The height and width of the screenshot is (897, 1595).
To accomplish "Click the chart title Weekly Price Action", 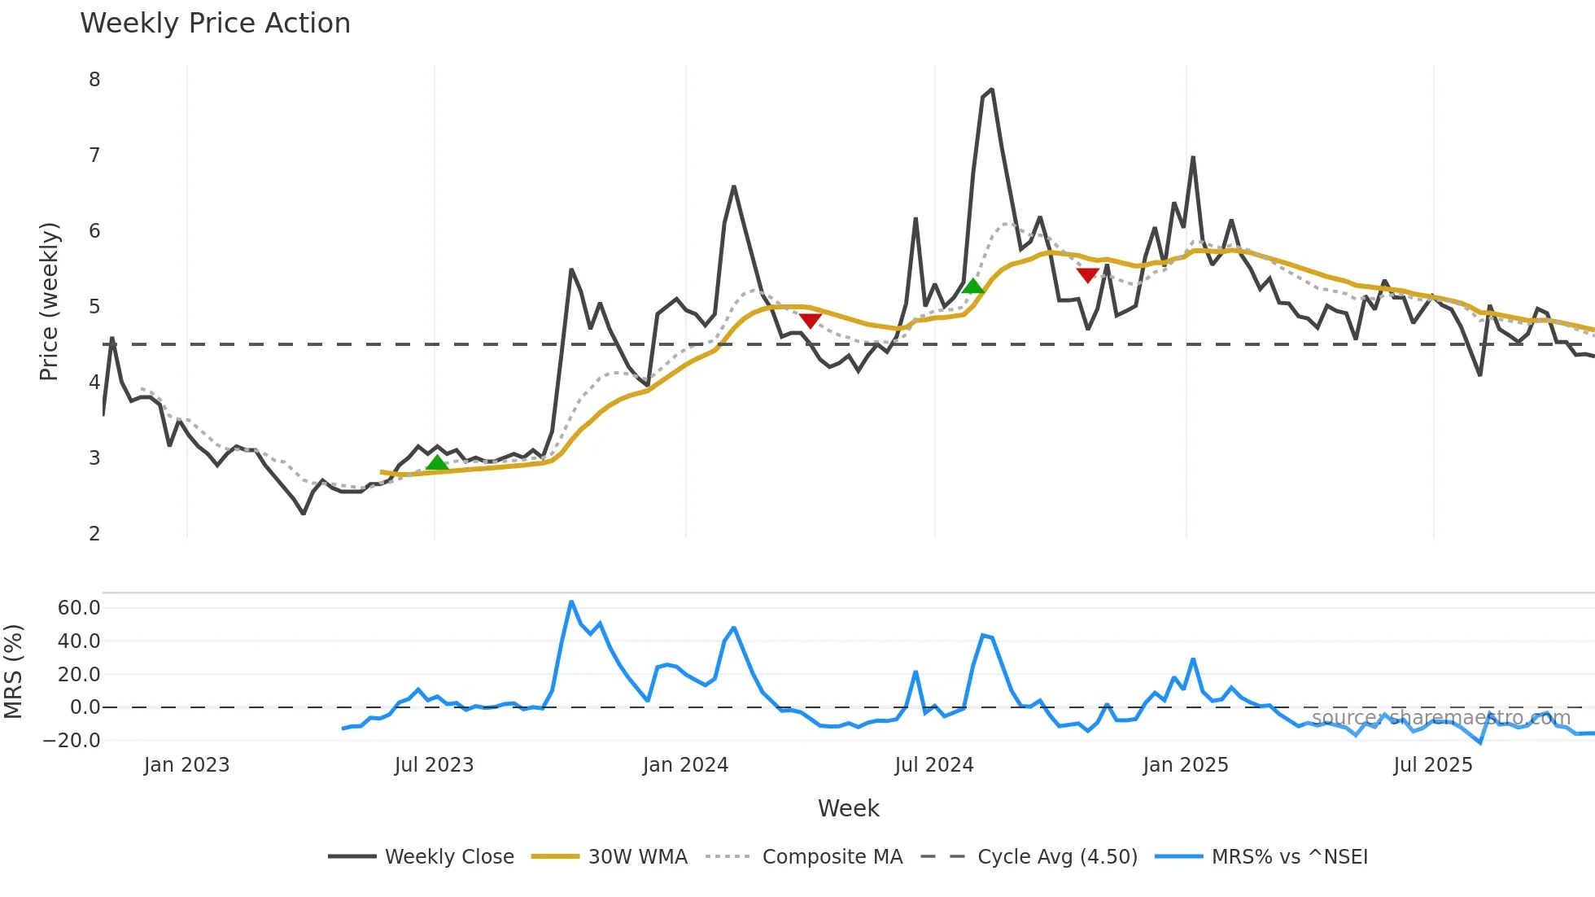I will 215,24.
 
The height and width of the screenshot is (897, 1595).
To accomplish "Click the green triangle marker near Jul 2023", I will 437,463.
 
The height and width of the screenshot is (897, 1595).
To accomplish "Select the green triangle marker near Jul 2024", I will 972,286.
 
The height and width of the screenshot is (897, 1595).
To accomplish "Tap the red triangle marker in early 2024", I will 810,320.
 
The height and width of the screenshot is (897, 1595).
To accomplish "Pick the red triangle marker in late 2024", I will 1088,276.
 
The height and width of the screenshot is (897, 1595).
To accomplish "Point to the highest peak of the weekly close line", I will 991,90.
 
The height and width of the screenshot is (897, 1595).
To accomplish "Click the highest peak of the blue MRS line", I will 571,602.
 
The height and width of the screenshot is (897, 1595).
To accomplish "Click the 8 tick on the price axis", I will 94,80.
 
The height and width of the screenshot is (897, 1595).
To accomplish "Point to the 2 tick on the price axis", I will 94,534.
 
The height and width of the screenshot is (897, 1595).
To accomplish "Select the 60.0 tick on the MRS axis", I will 79,608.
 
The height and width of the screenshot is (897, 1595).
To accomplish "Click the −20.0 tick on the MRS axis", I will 72,741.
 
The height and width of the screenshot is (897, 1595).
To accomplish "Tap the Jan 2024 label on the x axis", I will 685,765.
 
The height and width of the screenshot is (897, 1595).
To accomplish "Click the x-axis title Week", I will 848,808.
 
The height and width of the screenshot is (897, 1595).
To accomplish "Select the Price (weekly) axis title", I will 49,301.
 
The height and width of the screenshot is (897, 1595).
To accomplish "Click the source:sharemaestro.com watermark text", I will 1440,718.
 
